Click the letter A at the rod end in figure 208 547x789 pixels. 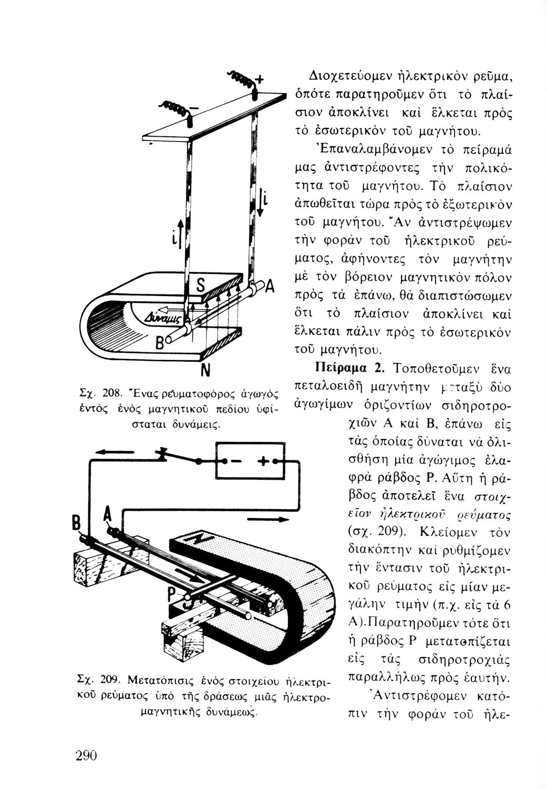(x=271, y=287)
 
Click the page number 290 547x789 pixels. (x=87, y=755)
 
